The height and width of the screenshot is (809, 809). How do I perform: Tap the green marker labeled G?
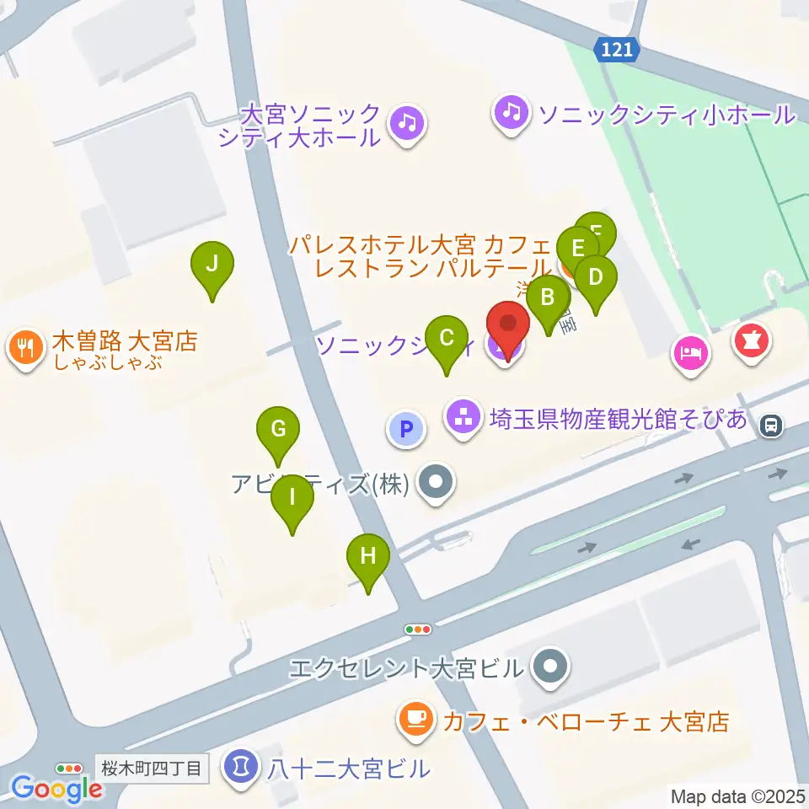coord(277,429)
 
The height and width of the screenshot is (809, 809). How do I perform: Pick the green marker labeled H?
coord(368,557)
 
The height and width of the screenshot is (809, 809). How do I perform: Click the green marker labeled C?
coord(447,340)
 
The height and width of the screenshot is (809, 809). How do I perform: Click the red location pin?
coord(508,325)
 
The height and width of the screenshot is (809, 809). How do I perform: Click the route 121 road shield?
coord(618,51)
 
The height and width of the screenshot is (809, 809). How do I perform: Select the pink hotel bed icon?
coord(691,350)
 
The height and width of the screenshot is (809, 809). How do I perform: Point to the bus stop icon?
coord(770,426)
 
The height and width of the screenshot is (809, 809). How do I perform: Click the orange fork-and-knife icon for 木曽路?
coord(25,346)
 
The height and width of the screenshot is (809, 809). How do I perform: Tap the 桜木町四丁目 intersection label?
coord(152,769)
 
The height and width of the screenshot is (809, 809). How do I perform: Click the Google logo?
coord(56,788)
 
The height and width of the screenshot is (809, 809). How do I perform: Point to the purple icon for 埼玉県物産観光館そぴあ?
coord(463,415)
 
